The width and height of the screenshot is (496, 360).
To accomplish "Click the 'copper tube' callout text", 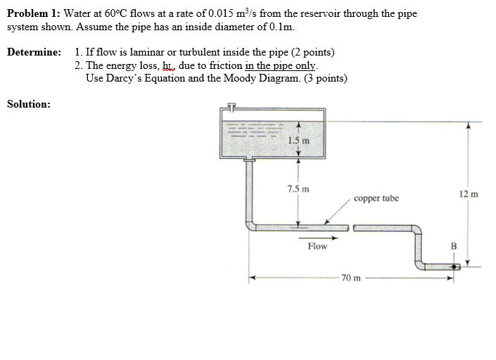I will [x=376, y=198].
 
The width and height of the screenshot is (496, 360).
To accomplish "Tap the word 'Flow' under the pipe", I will [x=317, y=246].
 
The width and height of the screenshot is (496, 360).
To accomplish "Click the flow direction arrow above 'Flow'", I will [x=317, y=237].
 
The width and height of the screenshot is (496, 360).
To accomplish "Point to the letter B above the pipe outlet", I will [x=453, y=246].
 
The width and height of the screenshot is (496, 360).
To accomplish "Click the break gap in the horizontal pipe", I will [x=351, y=227].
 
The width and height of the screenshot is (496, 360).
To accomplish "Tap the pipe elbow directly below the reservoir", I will [x=250, y=224].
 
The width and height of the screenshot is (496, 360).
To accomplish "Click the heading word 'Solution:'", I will [x=28, y=104].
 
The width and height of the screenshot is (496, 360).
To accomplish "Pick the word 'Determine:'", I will [x=34, y=53].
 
